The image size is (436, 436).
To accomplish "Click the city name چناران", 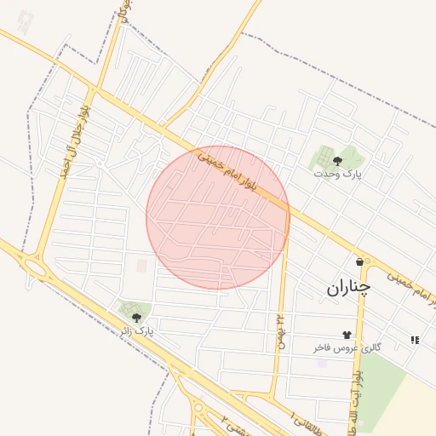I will (x=348, y=288).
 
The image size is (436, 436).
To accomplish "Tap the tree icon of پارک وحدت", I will (x=338, y=159).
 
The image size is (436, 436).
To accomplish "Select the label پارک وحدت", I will (x=337, y=174).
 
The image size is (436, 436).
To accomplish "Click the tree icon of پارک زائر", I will (x=136, y=318).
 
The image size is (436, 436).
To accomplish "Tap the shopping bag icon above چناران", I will (x=360, y=261).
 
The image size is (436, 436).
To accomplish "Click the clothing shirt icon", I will (x=346, y=335).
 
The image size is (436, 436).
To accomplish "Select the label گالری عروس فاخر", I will (x=347, y=348).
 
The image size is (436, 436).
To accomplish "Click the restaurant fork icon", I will (x=415, y=340).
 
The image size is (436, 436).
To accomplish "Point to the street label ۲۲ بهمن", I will (x=278, y=330).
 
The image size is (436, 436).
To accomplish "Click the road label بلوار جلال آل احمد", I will (x=74, y=141).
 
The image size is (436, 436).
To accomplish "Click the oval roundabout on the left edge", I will (x=35, y=267).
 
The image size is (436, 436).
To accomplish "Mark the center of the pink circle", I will (x=218, y=217).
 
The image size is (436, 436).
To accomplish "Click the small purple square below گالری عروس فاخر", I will (x=322, y=364).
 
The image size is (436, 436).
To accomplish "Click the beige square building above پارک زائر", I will (x=141, y=266).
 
